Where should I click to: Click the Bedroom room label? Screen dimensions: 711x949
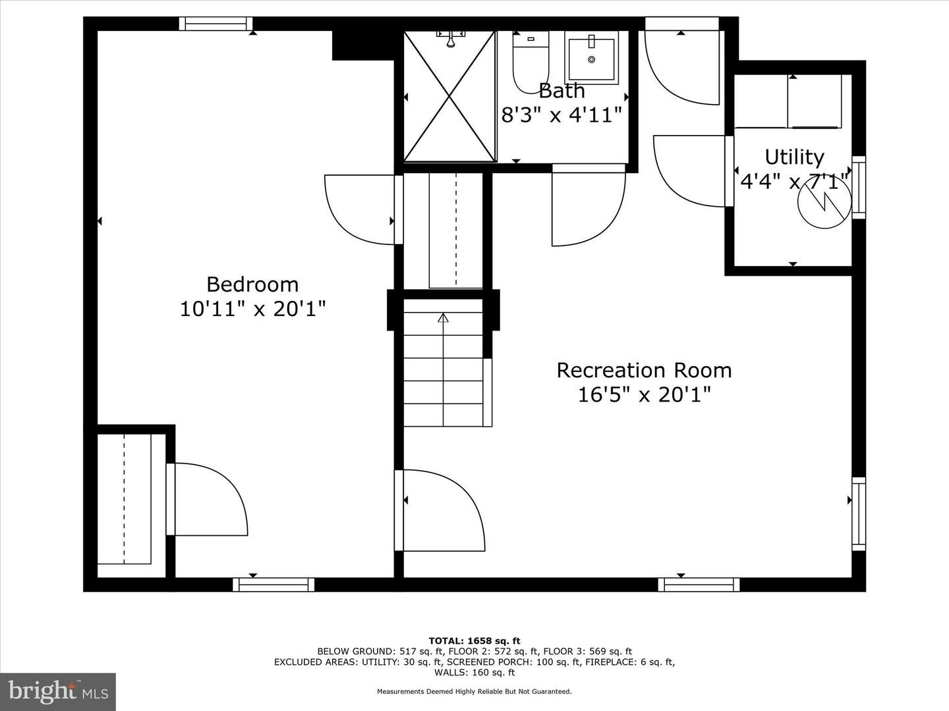(252, 284)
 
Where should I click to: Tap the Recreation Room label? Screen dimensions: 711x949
(644, 370)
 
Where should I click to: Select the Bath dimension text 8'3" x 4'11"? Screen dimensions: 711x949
(561, 115)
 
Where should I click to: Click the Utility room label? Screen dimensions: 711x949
(794, 157)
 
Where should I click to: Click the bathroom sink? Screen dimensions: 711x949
(591, 58)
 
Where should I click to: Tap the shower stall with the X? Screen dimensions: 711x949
(449, 96)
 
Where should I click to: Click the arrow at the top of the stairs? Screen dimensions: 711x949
(444, 319)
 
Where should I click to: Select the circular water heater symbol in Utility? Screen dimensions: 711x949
(821, 205)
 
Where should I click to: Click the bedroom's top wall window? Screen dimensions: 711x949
(216, 24)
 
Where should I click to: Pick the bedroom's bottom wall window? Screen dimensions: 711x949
(273, 585)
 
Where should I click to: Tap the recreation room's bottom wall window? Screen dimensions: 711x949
(699, 585)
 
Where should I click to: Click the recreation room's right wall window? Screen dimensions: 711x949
(858, 514)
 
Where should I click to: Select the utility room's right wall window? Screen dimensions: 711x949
(858, 188)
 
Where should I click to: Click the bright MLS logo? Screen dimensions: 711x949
(58, 691)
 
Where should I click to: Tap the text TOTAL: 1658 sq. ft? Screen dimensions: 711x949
(474, 641)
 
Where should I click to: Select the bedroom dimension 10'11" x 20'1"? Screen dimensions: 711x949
(252, 309)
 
